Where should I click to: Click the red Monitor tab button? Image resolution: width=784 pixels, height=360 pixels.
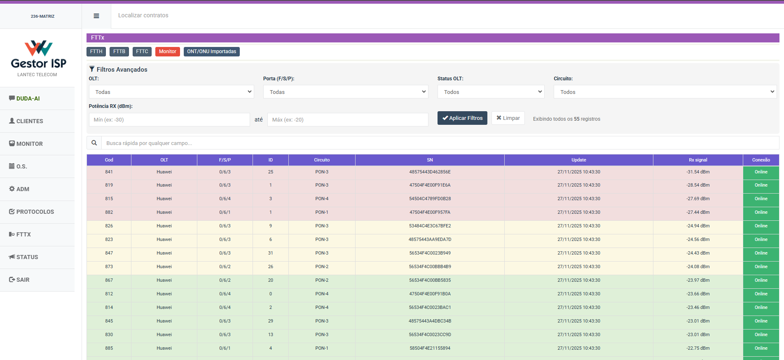[x=167, y=51]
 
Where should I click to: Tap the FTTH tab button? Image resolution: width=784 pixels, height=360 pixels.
[x=96, y=51]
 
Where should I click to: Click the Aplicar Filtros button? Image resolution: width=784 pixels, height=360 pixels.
[x=462, y=118]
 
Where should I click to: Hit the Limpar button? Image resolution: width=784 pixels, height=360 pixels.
[x=508, y=118]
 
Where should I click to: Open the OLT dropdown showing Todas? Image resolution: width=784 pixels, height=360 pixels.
[x=171, y=92]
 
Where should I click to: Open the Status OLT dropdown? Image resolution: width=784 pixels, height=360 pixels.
[x=491, y=92]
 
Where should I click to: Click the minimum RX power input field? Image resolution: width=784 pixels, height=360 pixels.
[x=169, y=120]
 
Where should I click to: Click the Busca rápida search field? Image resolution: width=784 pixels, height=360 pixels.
[x=440, y=143]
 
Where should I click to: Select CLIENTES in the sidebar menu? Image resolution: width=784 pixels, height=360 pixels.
[x=30, y=121]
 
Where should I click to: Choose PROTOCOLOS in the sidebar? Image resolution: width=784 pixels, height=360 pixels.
[x=35, y=212]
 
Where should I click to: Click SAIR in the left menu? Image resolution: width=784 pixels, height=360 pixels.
[x=23, y=280]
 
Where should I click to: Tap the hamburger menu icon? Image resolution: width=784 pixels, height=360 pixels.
[x=96, y=16]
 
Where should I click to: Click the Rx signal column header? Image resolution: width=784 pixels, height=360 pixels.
[x=698, y=160]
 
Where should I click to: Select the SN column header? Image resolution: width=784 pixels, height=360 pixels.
[x=430, y=160]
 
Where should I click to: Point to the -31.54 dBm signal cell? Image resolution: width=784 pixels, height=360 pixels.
[x=698, y=172]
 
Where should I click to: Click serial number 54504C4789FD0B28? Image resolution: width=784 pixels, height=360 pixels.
[x=430, y=199]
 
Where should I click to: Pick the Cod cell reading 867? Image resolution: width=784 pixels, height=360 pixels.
[x=109, y=280]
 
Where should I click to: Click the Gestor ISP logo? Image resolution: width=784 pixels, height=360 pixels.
[x=38, y=56]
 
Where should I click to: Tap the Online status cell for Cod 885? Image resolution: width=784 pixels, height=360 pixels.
[x=761, y=348]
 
